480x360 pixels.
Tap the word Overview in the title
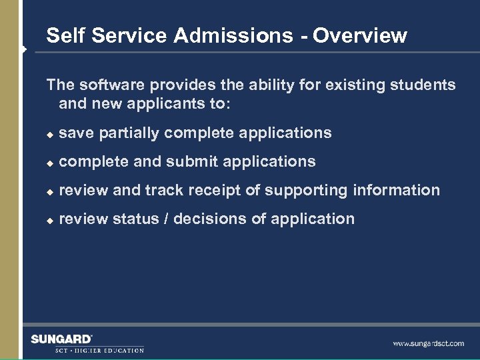click(x=360, y=35)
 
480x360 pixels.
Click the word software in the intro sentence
click(x=111, y=85)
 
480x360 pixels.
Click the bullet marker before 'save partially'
click(x=49, y=134)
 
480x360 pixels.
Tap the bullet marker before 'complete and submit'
click(x=49, y=163)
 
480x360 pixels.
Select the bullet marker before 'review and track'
click(x=49, y=191)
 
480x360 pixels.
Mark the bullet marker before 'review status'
click(x=49, y=220)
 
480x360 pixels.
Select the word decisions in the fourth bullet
click(x=202, y=219)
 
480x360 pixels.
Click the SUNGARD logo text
click(x=61, y=339)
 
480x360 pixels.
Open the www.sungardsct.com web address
click(x=428, y=343)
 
